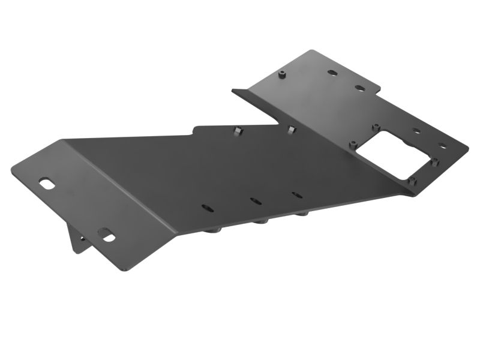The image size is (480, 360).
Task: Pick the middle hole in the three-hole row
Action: [x=256, y=201]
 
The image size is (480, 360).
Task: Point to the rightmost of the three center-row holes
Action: [x=296, y=194]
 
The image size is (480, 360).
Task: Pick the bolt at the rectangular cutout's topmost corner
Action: [x=375, y=127]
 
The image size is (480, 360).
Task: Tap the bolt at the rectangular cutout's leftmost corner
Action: [x=354, y=144]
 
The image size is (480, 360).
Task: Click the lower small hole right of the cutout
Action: [x=443, y=146]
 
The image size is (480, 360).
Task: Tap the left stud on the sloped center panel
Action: [x=238, y=130]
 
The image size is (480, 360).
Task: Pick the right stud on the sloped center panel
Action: [x=291, y=130]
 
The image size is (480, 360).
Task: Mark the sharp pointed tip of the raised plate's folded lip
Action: [x=233, y=91]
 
